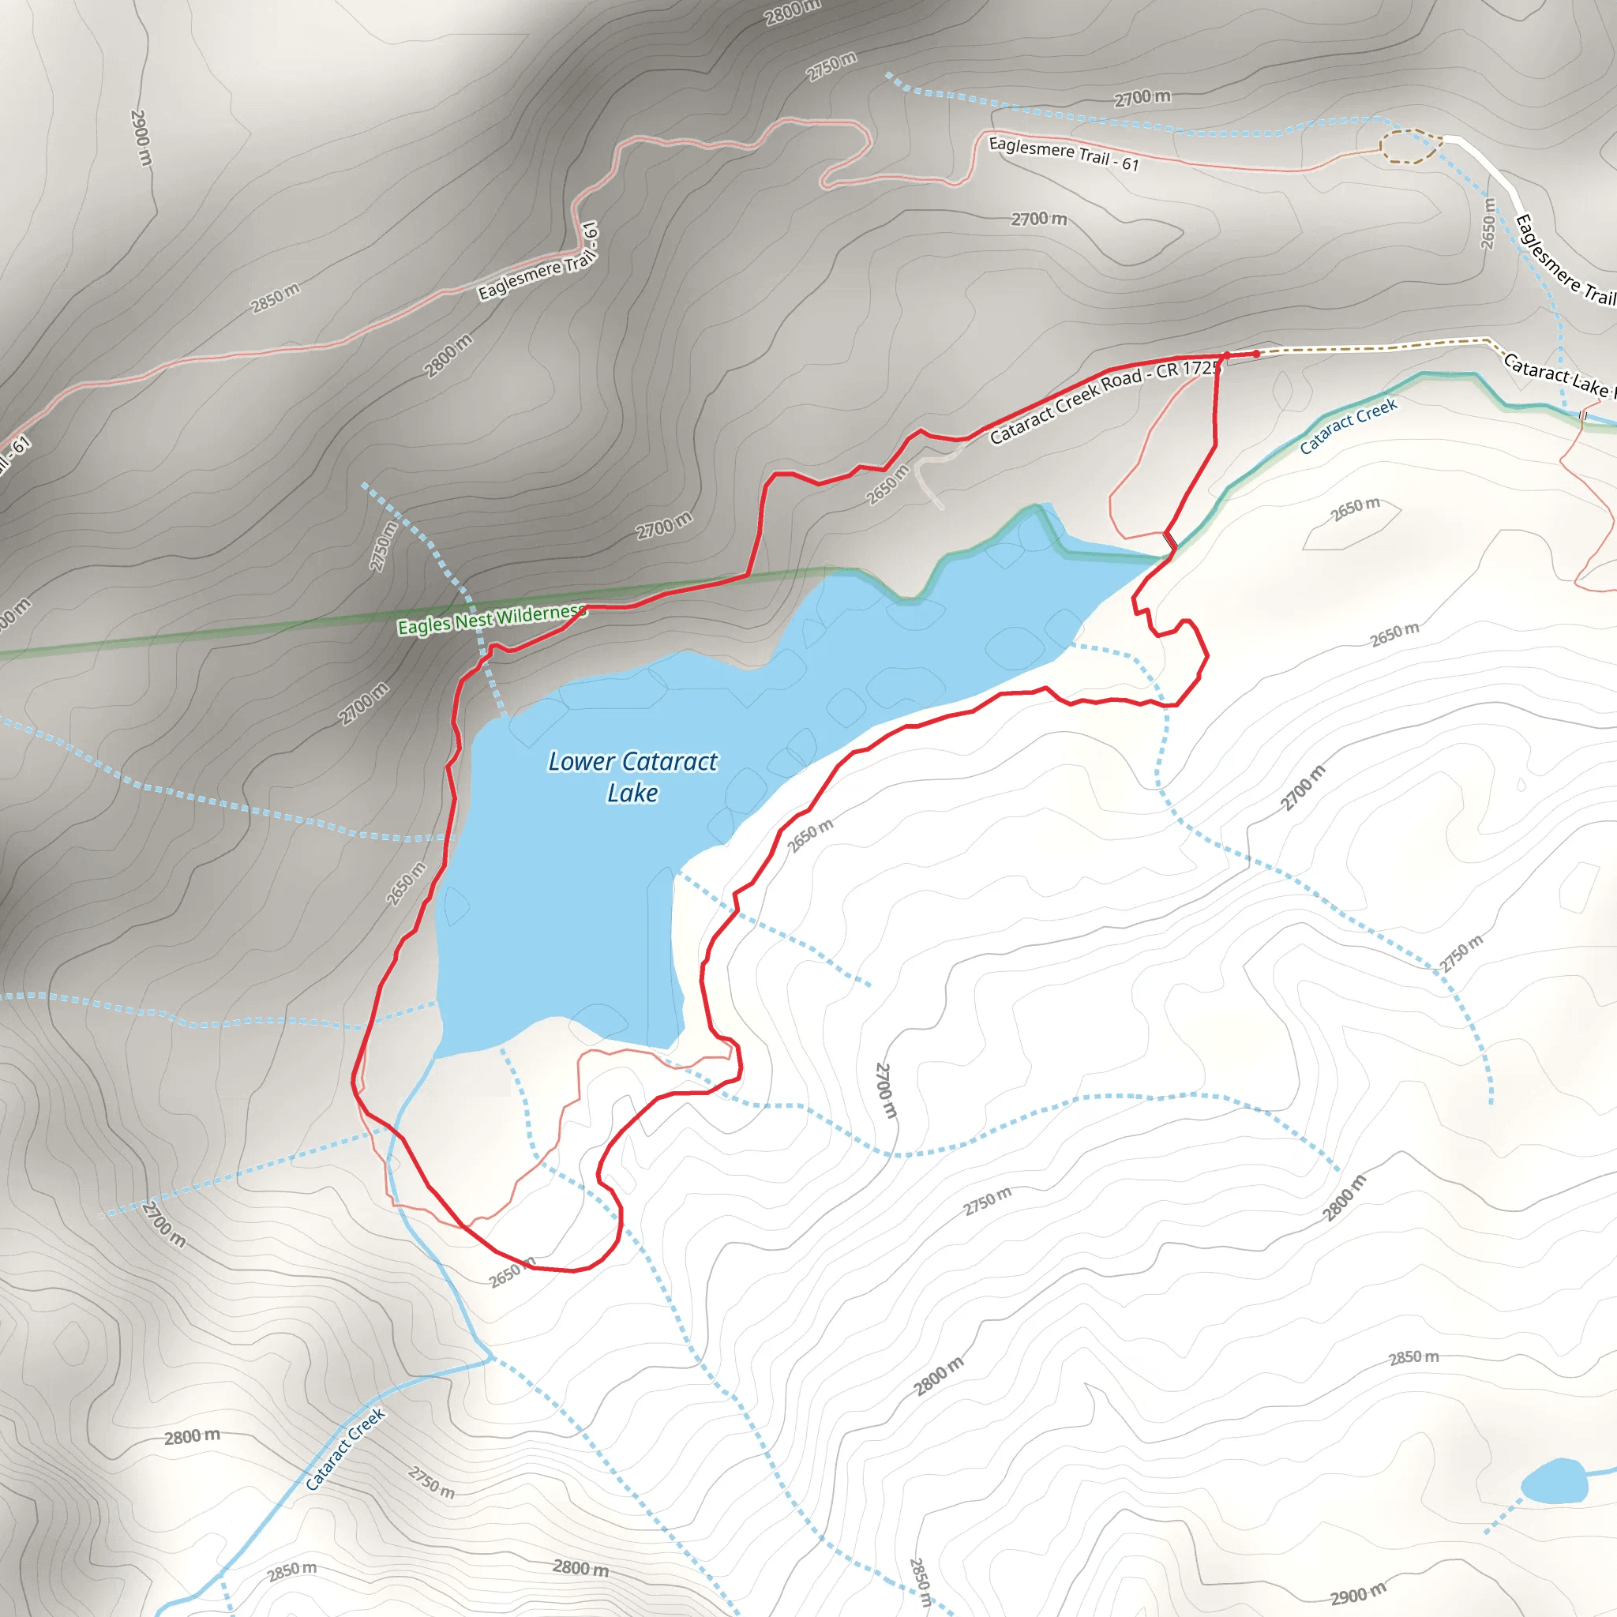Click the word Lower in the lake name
(581, 762)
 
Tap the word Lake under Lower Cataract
(632, 793)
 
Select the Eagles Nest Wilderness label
(490, 620)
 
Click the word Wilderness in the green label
(540, 615)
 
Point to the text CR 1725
(1187, 369)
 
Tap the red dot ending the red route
(1256, 354)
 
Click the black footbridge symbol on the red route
(1171, 541)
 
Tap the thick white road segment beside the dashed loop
(1490, 167)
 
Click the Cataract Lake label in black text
(1557, 375)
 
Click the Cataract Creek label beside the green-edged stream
(1348, 427)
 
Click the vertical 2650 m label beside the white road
(1488, 223)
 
